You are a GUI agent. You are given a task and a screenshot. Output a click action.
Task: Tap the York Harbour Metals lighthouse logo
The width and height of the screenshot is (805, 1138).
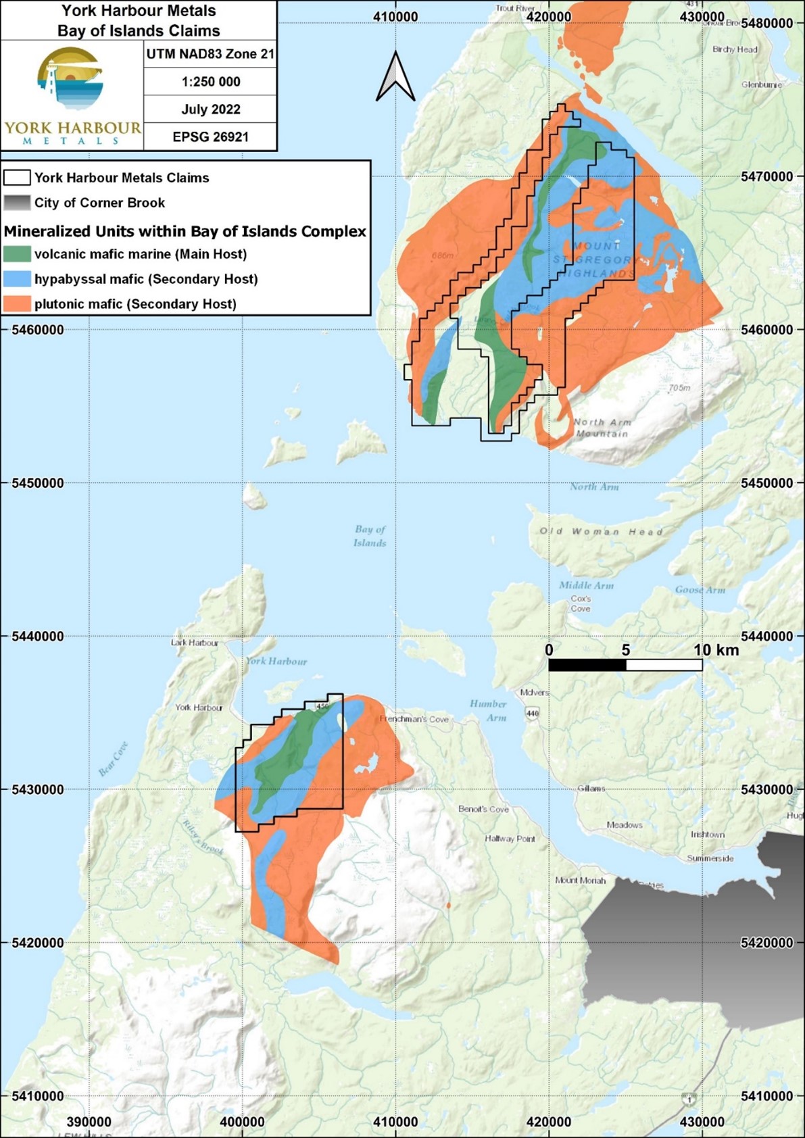click(x=71, y=80)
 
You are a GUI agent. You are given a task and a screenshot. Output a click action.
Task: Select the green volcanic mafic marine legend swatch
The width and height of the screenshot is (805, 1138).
click(x=17, y=254)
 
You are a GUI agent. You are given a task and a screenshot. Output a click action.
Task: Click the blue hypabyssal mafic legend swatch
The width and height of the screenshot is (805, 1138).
click(x=17, y=279)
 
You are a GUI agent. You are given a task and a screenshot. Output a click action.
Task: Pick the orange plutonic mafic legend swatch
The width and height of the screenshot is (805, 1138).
click(x=17, y=304)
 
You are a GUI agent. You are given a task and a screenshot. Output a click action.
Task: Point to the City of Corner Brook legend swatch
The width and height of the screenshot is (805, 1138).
click(x=17, y=203)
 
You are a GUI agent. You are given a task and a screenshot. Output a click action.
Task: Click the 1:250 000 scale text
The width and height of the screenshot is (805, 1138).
click(x=211, y=82)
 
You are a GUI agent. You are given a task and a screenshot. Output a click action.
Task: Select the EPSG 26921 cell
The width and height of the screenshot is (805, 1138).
click(x=211, y=137)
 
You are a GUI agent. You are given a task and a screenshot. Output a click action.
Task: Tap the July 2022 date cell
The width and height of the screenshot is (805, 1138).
click(x=211, y=109)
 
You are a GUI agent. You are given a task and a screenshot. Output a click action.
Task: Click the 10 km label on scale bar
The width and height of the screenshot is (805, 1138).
click(x=716, y=650)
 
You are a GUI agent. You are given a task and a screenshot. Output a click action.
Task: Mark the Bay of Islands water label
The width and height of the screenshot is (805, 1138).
click(x=370, y=536)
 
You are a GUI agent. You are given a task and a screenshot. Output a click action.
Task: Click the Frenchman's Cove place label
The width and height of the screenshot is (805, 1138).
click(x=414, y=719)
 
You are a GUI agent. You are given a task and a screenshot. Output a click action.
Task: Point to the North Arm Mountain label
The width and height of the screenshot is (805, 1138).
click(x=602, y=428)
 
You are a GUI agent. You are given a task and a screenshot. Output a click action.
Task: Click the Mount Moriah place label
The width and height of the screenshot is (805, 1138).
click(x=580, y=881)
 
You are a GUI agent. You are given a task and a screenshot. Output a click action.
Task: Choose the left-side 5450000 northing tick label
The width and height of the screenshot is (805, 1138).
click(x=38, y=483)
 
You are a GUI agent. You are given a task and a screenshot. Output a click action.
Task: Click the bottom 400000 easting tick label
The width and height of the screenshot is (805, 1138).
click(x=242, y=1122)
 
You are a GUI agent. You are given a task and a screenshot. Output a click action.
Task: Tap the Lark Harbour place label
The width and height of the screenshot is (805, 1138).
click(x=195, y=643)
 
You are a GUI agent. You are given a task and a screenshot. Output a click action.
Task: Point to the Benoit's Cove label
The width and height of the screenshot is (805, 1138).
click(x=483, y=809)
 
